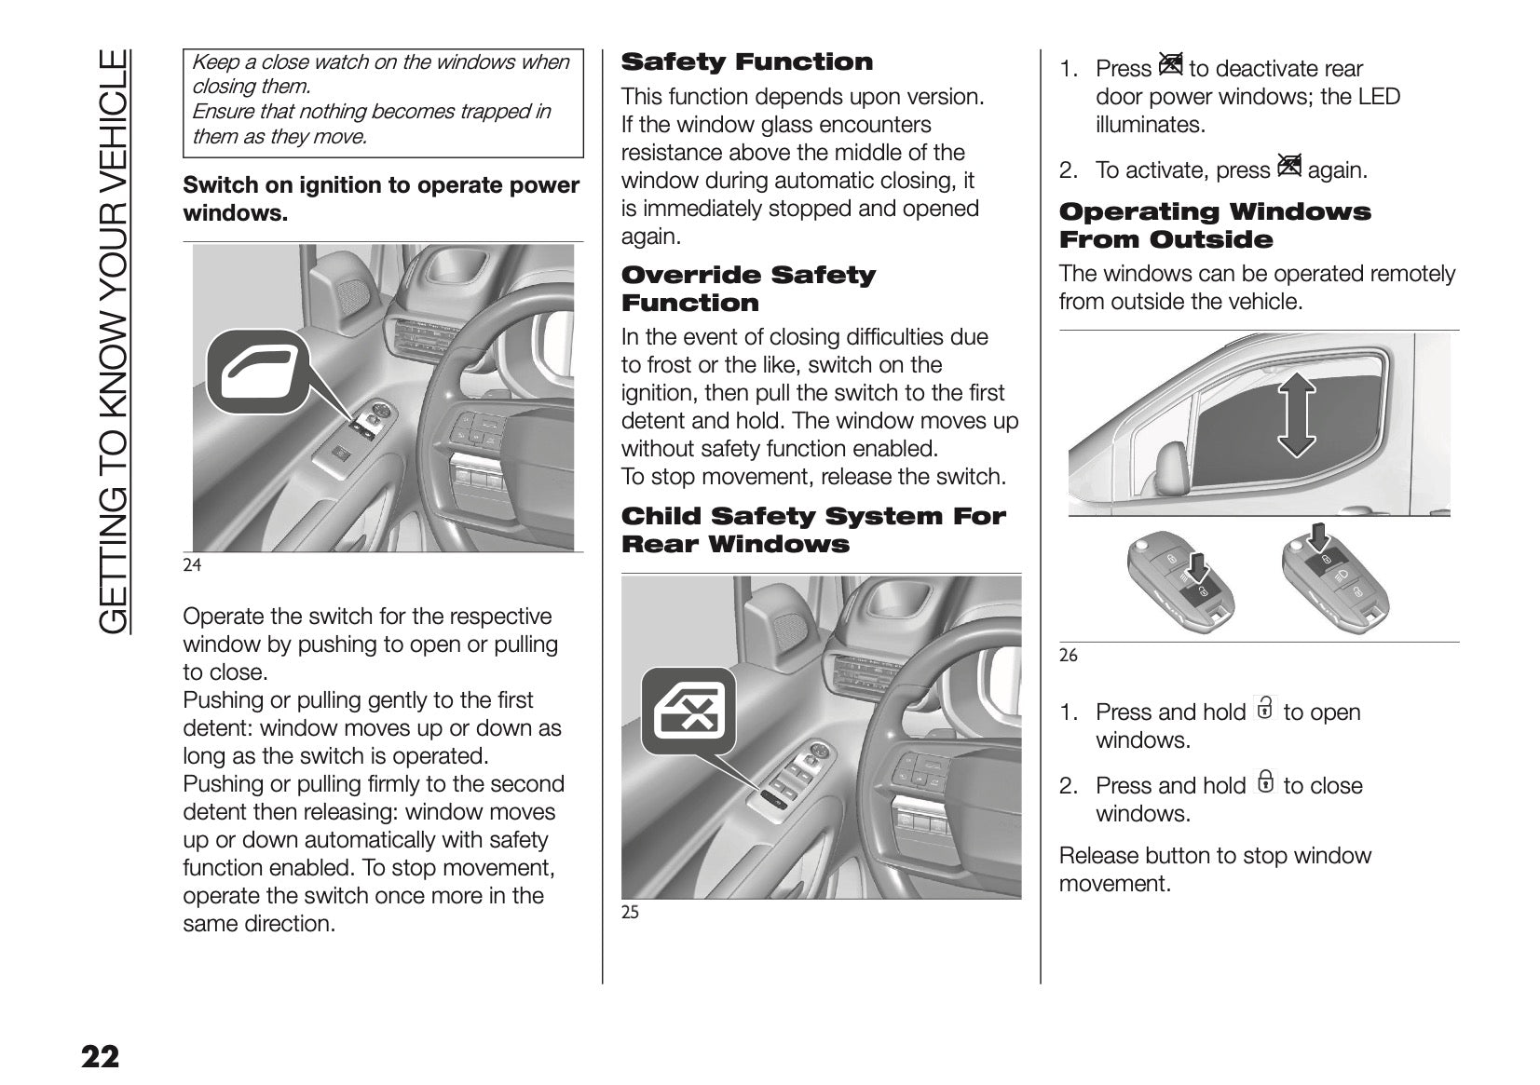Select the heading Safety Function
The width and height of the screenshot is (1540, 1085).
(746, 62)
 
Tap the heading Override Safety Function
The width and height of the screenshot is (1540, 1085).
(748, 289)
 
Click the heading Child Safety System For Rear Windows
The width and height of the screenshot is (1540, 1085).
(812, 530)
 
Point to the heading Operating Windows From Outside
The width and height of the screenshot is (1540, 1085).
(1214, 225)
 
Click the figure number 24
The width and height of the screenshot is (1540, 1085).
(192, 564)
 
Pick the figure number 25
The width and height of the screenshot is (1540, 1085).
(630, 913)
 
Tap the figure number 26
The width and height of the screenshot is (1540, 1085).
(1068, 656)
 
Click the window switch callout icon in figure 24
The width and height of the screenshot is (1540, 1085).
(256, 373)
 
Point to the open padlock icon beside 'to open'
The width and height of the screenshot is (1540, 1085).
(1264, 709)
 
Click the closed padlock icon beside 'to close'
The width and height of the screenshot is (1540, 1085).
(1264, 782)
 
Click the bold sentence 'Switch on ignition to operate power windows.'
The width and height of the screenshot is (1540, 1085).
(381, 199)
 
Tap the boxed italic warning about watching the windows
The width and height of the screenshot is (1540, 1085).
(382, 101)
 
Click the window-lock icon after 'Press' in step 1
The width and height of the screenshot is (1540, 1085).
(1170, 65)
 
